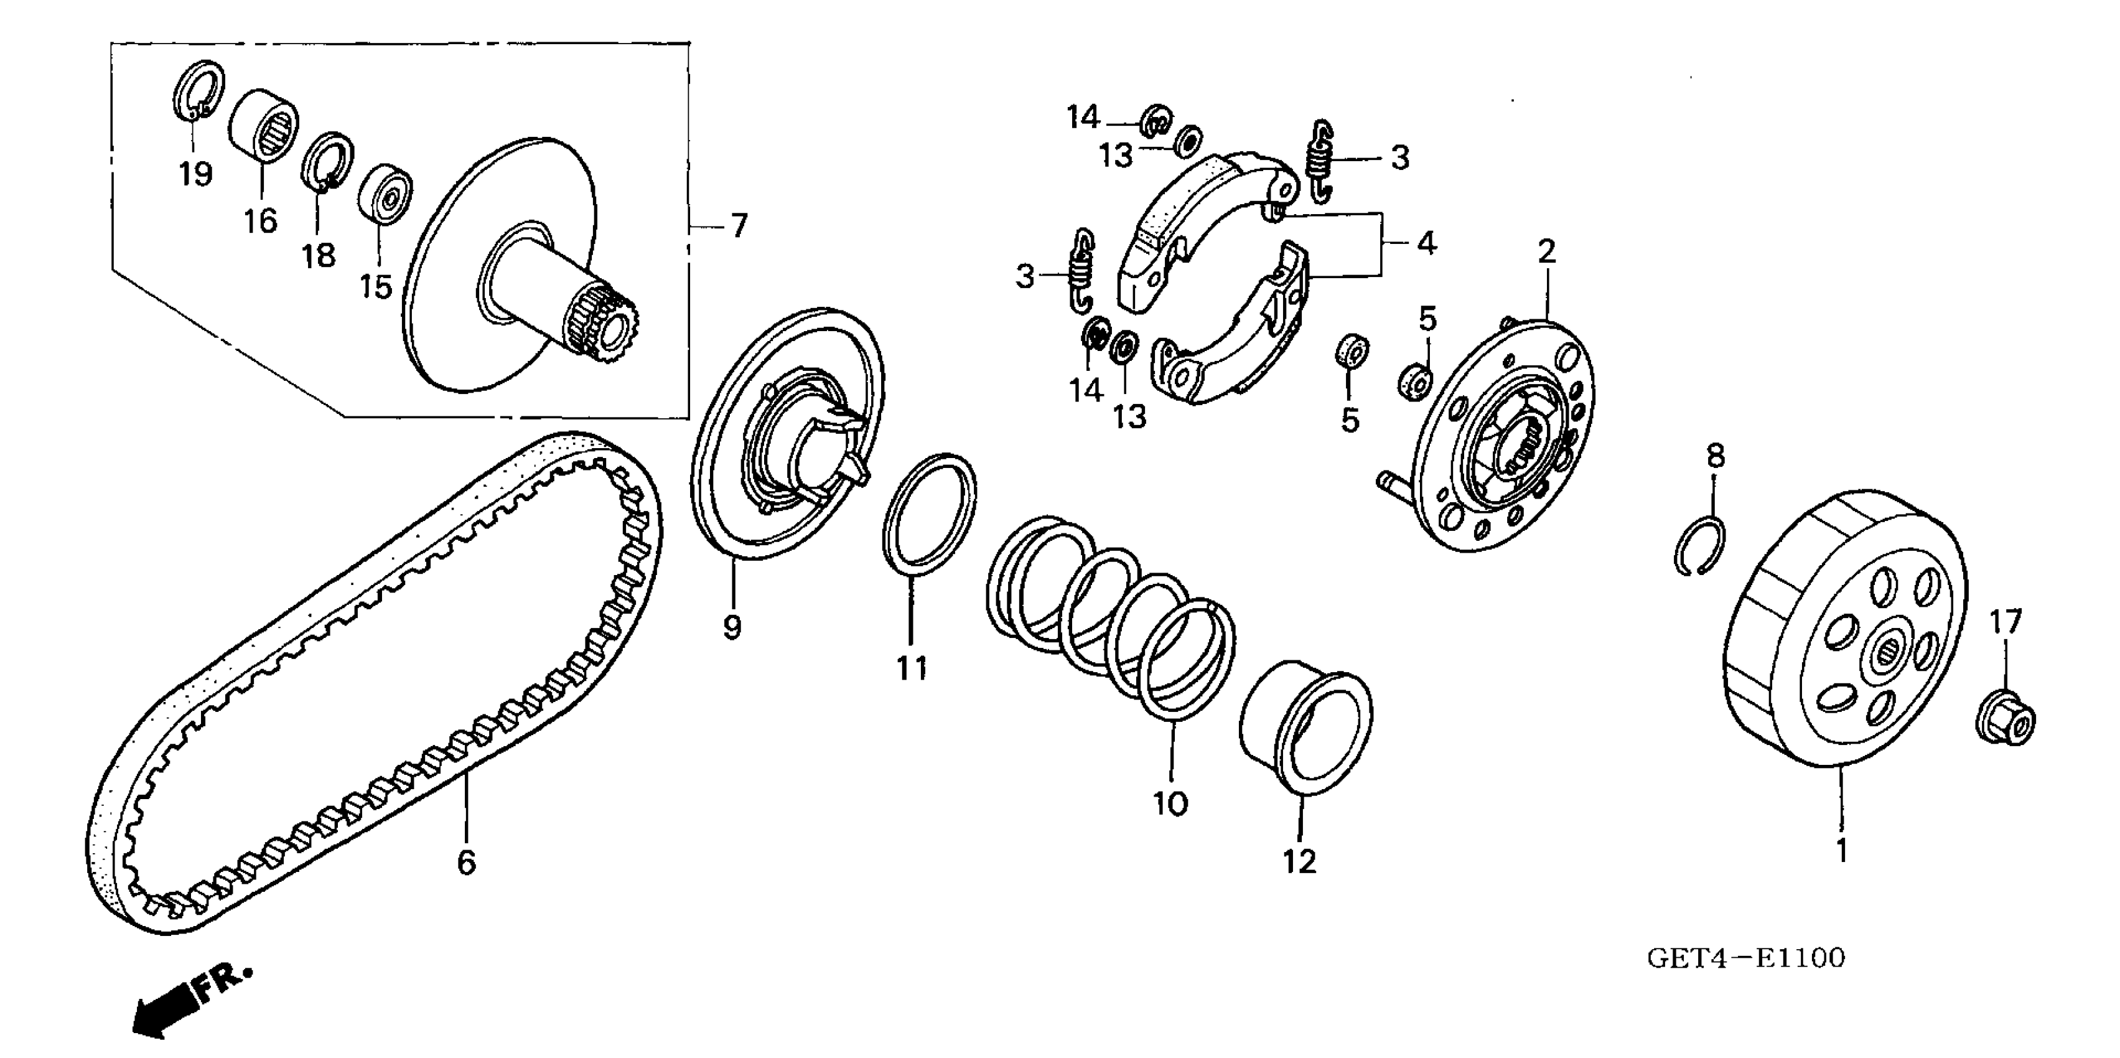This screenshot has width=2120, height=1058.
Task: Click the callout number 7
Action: (738, 225)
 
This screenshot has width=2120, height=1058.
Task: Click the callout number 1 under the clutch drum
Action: (1842, 850)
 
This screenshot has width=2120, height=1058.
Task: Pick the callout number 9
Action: (732, 627)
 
